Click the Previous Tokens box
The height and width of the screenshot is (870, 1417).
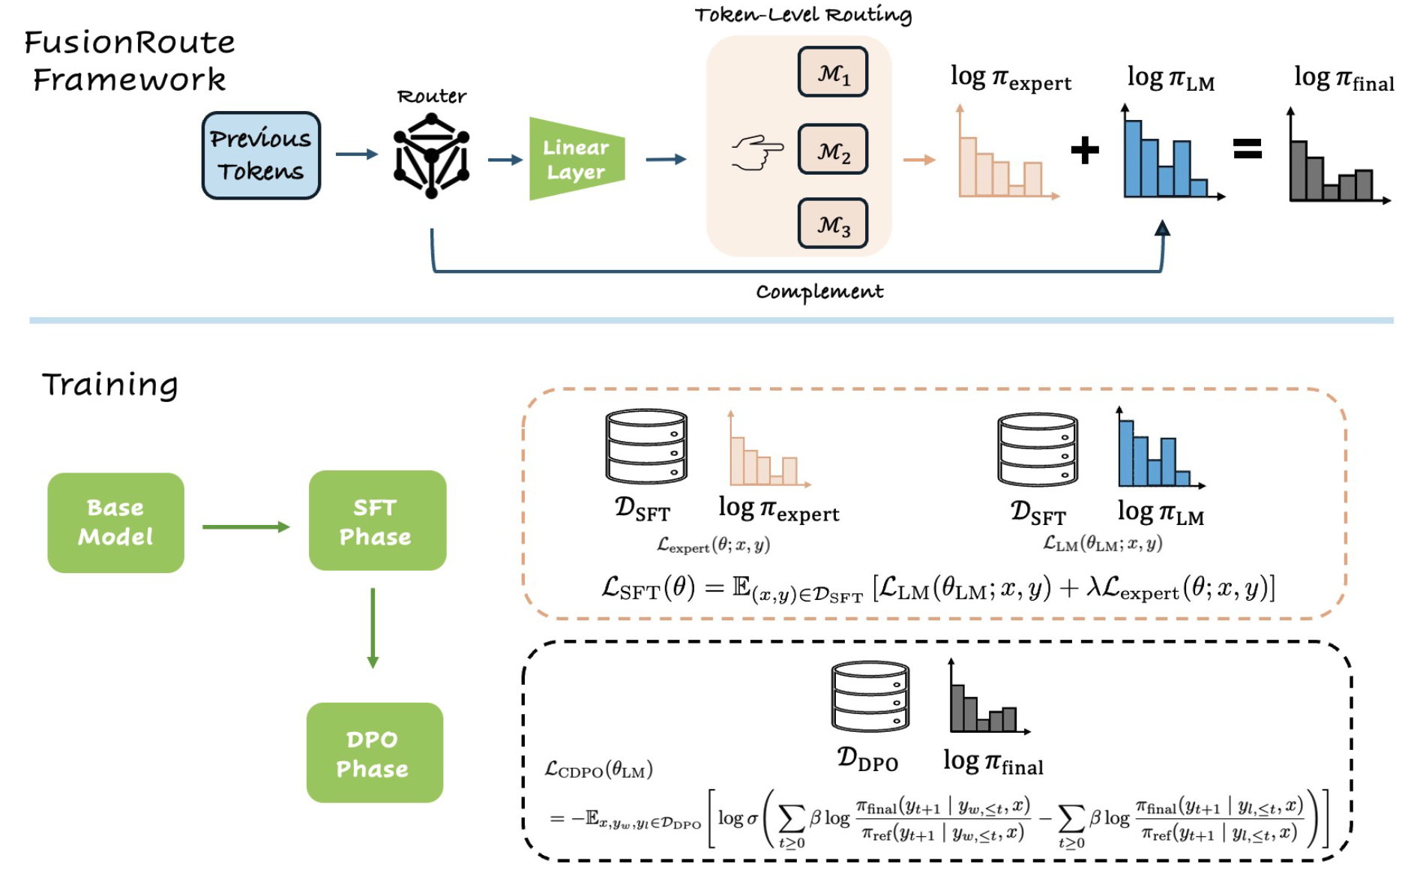[x=261, y=155]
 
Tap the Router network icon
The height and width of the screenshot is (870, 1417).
[x=431, y=156]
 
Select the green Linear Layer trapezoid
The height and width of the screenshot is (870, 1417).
[x=576, y=159]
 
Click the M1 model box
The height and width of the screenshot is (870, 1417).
[x=833, y=73]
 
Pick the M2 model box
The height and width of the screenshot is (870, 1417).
[x=833, y=150]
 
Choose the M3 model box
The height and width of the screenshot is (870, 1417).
[x=833, y=223]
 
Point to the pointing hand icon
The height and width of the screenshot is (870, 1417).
[x=757, y=152]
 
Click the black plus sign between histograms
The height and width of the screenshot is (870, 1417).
[x=1084, y=150]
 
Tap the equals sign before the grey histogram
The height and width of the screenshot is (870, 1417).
[x=1248, y=148]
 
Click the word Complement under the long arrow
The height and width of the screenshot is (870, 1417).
[x=819, y=291]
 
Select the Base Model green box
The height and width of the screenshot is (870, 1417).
[x=115, y=523]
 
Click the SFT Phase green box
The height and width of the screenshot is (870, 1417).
[x=377, y=520]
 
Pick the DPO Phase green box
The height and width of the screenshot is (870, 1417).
[x=374, y=753]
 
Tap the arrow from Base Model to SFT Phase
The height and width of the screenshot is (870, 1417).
[x=246, y=526]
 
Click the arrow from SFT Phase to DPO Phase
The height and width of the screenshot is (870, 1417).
[x=373, y=628]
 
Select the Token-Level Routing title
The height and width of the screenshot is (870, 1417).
[x=803, y=15]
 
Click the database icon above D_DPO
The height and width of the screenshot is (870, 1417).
[x=870, y=696]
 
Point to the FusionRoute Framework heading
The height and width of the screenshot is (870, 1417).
[x=129, y=61]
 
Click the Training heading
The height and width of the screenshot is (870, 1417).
[x=110, y=385]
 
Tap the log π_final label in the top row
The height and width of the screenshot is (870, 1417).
[x=1344, y=79]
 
